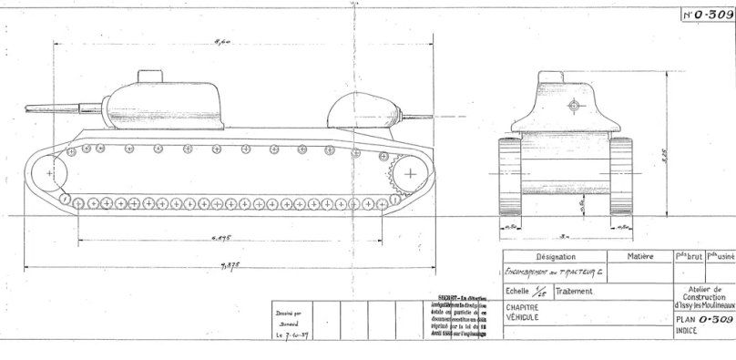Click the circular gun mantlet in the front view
pyautogui.click(x=572, y=107)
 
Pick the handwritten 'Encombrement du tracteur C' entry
pyautogui.click(x=556, y=273)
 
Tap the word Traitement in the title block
pyautogui.click(x=577, y=292)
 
